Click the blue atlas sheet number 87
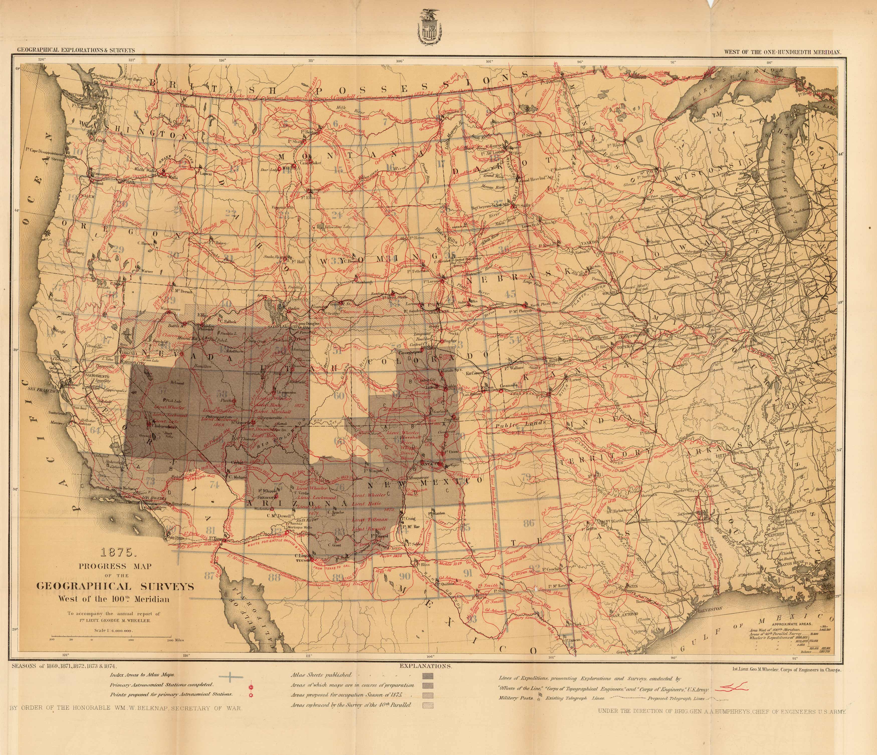(x=209, y=576)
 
